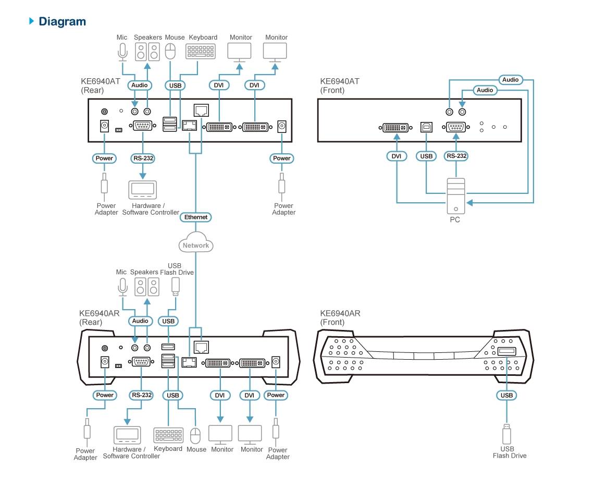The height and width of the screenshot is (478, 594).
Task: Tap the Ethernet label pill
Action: [196, 217]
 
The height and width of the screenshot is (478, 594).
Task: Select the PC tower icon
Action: [456, 196]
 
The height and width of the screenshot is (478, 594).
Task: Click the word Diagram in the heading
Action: [63, 21]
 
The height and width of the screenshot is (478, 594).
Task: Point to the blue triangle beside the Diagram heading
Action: [32, 21]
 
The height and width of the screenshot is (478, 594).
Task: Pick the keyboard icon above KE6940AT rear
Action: [200, 52]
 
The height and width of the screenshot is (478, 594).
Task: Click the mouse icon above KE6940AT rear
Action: [170, 52]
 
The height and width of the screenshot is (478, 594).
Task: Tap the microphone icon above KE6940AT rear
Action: [122, 52]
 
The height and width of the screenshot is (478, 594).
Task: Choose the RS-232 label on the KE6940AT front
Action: [456, 156]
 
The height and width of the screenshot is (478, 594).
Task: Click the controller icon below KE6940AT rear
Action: [142, 190]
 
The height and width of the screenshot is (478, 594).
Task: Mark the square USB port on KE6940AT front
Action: [426, 127]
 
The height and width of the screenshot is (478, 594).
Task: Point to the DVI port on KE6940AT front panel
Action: [396, 127]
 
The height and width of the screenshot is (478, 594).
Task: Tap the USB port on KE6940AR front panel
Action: [506, 351]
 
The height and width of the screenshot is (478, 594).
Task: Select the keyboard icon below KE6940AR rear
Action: [168, 435]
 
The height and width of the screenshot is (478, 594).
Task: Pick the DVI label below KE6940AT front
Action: [397, 156]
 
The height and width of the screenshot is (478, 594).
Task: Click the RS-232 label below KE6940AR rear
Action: [141, 395]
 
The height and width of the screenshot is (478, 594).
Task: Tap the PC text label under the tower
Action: [455, 220]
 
